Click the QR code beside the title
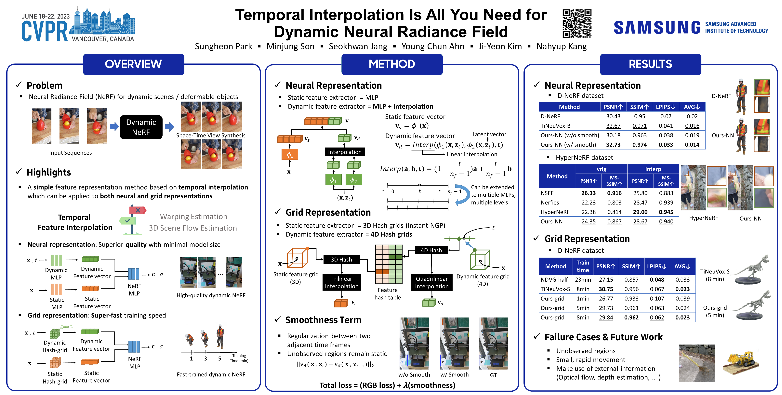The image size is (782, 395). tap(577, 24)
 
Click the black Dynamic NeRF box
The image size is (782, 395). tap(141, 127)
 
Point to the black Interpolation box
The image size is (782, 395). tap(345, 152)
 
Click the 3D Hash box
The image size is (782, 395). tap(341, 260)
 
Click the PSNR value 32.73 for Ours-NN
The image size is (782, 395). tap(613, 145)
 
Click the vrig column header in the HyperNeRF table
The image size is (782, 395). tap(601, 169)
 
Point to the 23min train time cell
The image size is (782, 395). tap(583, 280)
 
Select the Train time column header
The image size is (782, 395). tap(583, 266)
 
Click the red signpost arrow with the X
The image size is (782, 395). tap(138, 210)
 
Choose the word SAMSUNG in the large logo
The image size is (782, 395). tap(657, 28)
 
